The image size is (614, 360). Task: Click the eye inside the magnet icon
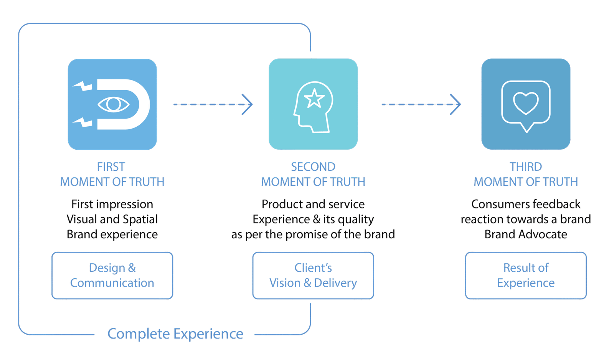coord(114,104)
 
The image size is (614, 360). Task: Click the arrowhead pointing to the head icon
coord(249,104)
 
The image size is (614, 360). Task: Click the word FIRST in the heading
coord(111,167)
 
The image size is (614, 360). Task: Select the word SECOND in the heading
coord(313,167)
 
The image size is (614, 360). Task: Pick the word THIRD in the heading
coord(526,167)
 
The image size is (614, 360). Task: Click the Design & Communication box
coord(112,275)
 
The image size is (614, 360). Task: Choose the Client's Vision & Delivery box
coord(313,275)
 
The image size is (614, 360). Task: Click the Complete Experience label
coord(175,334)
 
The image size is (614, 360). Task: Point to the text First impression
coord(112,204)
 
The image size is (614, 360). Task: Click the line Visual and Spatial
coord(112,219)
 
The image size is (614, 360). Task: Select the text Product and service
coord(313,204)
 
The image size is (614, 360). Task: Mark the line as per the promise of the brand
coord(313,234)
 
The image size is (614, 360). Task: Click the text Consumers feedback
coord(526,204)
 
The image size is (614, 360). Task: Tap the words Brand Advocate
coord(526,234)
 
